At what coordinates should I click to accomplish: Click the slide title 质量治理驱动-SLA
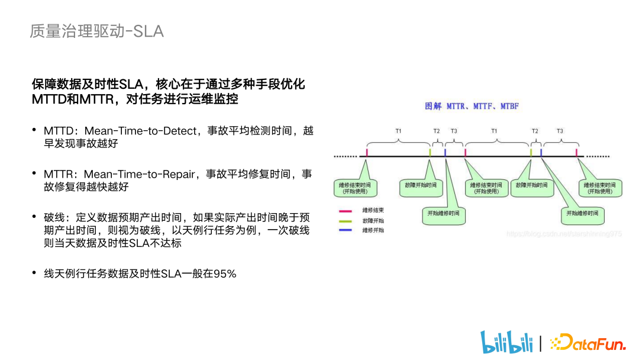(x=96, y=31)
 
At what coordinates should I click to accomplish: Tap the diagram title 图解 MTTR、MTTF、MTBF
(x=472, y=106)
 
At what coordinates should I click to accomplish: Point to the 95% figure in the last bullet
(x=224, y=274)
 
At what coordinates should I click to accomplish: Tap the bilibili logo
(x=504, y=342)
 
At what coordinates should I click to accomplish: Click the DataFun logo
(x=588, y=342)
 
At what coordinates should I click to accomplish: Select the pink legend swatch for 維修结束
(x=346, y=211)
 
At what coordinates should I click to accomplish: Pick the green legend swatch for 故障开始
(x=346, y=220)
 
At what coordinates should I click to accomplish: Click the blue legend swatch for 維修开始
(x=346, y=230)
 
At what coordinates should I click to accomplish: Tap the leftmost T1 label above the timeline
(x=398, y=130)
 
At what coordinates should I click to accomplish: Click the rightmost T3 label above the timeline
(x=560, y=130)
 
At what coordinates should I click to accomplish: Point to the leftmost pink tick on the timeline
(x=367, y=153)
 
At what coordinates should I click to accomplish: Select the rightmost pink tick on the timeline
(x=576, y=153)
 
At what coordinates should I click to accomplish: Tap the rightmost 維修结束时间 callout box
(x=600, y=188)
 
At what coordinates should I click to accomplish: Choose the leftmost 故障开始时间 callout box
(x=421, y=185)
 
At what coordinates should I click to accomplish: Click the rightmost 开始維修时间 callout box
(x=582, y=213)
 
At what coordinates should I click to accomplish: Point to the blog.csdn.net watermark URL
(x=564, y=234)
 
